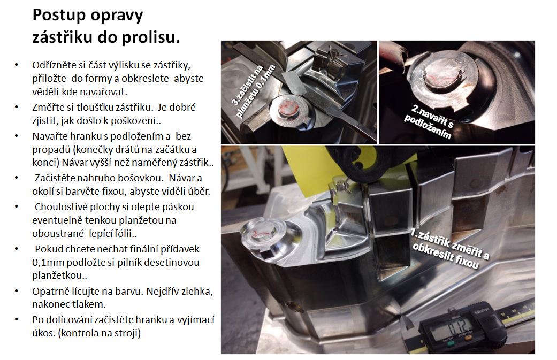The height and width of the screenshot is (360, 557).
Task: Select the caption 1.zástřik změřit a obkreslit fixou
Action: tap(449, 248)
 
